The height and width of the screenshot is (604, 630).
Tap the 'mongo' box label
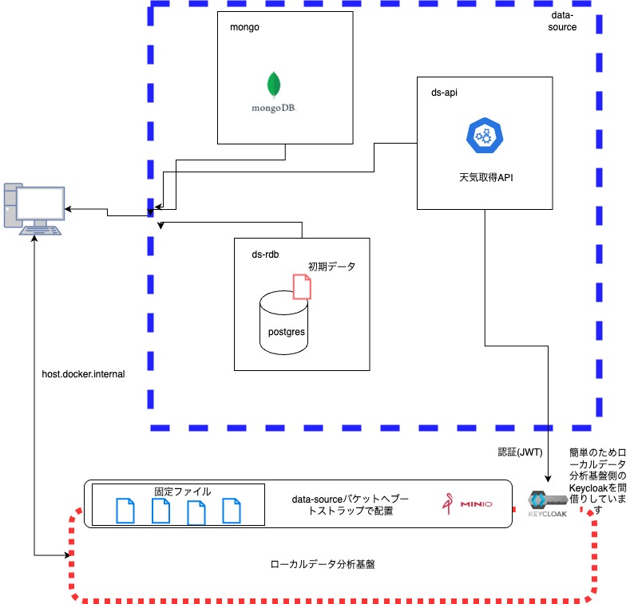pos(244,27)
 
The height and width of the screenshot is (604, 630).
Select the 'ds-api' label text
pos(444,93)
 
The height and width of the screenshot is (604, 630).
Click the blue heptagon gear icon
pos(482,136)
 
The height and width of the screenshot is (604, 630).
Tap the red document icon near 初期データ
pos(302,286)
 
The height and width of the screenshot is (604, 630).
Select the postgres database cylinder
pos(283,321)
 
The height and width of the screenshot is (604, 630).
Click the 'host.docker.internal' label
pos(83,373)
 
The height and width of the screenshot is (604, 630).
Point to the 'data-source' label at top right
pos(564,22)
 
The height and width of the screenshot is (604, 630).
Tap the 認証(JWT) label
pos(520,452)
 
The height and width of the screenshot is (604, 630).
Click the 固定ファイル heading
pos(182,491)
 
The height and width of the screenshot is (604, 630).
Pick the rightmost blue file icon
pos(231,511)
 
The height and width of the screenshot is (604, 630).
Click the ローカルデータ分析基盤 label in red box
pos(323,563)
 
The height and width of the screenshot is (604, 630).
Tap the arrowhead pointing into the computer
pos(69,209)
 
